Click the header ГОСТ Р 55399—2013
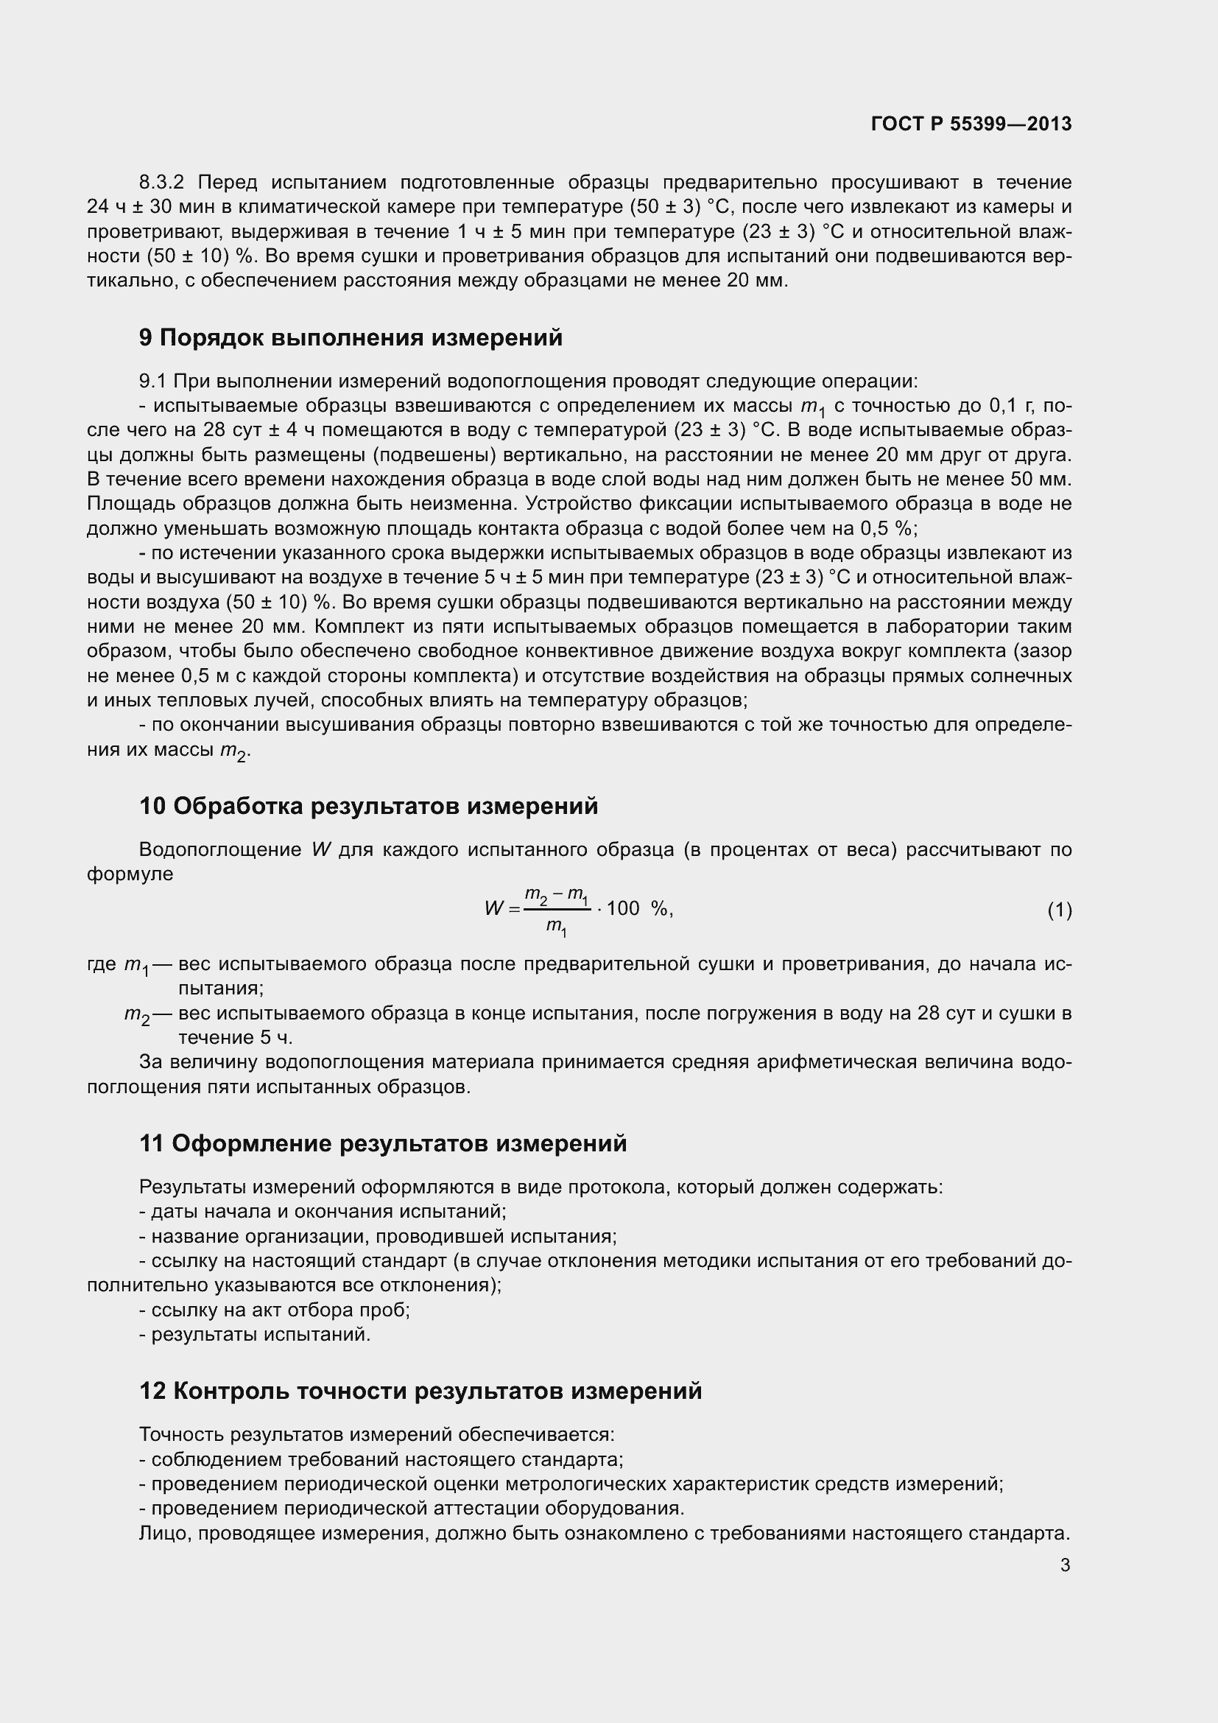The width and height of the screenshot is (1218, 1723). (971, 124)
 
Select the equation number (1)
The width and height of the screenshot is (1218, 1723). (1059, 910)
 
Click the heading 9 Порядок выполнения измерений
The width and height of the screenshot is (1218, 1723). (351, 337)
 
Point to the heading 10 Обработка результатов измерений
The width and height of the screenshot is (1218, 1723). (368, 806)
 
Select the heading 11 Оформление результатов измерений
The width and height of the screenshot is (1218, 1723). (382, 1143)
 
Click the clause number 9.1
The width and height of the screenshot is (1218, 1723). (152, 382)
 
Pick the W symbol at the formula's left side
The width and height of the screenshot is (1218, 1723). (493, 909)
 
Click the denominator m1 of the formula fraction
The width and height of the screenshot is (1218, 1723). (556, 927)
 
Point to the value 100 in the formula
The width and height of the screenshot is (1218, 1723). (622, 909)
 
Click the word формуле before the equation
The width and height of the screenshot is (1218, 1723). (130, 874)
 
